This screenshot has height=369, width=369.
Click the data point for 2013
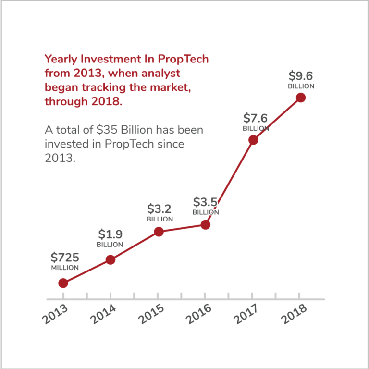pyautogui.click(x=63, y=283)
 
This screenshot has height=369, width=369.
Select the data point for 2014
pyautogui.click(x=111, y=260)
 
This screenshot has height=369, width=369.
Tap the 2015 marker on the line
pyautogui.click(x=159, y=232)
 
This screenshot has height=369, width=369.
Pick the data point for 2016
pyautogui.click(x=206, y=225)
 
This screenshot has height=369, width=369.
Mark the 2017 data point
pyautogui.click(x=254, y=140)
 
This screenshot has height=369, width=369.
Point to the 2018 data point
pyautogui.click(x=301, y=98)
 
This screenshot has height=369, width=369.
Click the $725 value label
pyautogui.click(x=65, y=258)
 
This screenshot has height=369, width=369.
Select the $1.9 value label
pyautogui.click(x=111, y=234)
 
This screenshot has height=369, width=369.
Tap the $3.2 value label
pyautogui.click(x=160, y=209)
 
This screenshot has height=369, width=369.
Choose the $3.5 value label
pyautogui.click(x=206, y=202)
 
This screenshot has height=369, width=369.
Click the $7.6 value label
pyautogui.click(x=255, y=118)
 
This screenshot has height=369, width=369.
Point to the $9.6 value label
pyautogui.click(x=301, y=76)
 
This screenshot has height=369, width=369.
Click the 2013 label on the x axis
pyautogui.click(x=55, y=314)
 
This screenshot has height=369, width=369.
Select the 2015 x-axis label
pyautogui.click(x=151, y=314)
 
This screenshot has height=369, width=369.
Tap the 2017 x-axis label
pyautogui.click(x=246, y=314)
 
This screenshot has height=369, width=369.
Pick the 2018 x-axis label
pyautogui.click(x=294, y=314)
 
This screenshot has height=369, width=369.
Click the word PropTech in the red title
pyautogui.click(x=183, y=59)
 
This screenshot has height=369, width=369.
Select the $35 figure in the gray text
pyautogui.click(x=107, y=130)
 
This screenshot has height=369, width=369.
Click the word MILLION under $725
pyautogui.click(x=65, y=268)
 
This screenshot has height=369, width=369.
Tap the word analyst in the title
pyautogui.click(x=161, y=74)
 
